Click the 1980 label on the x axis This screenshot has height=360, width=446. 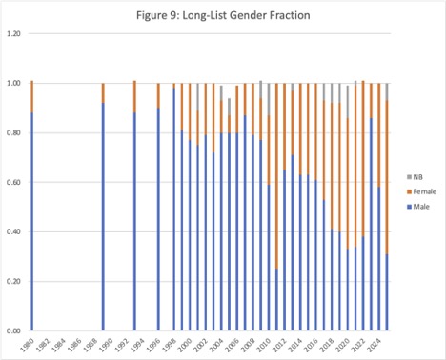point(31,342)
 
